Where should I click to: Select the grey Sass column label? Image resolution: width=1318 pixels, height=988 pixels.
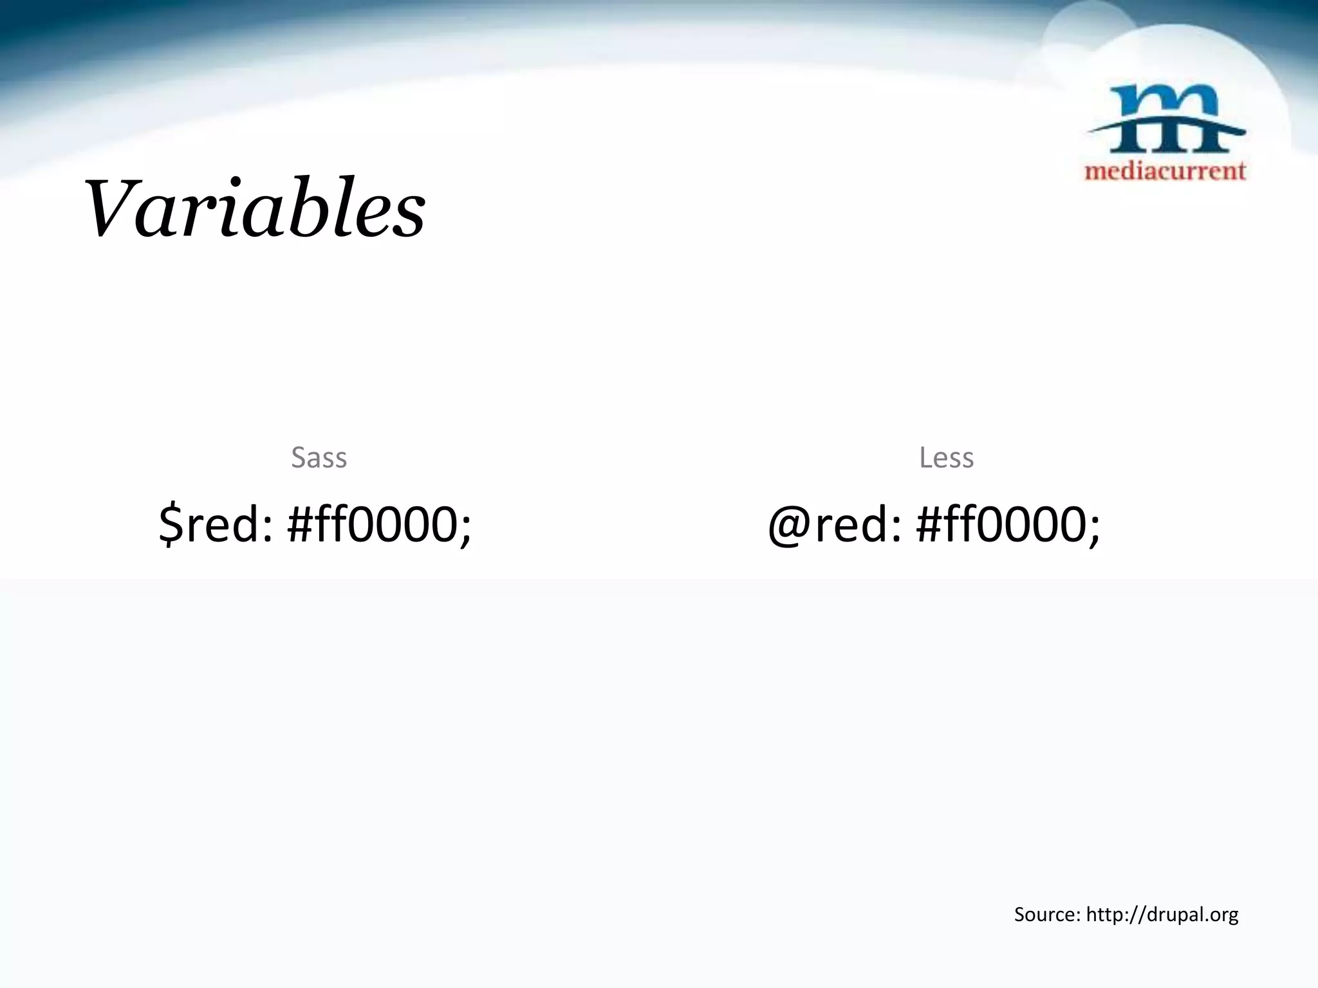(319, 458)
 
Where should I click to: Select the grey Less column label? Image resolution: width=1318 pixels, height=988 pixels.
(946, 458)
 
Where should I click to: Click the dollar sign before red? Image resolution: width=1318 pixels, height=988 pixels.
(170, 524)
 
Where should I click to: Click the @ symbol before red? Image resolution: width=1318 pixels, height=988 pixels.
(790, 526)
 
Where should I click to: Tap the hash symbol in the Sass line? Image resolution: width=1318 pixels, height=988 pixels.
(301, 524)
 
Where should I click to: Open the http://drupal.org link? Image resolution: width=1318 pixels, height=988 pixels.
(1162, 914)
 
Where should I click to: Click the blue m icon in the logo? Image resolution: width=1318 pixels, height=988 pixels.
(1166, 122)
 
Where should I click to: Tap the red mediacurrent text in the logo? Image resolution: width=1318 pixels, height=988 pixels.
(1165, 170)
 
